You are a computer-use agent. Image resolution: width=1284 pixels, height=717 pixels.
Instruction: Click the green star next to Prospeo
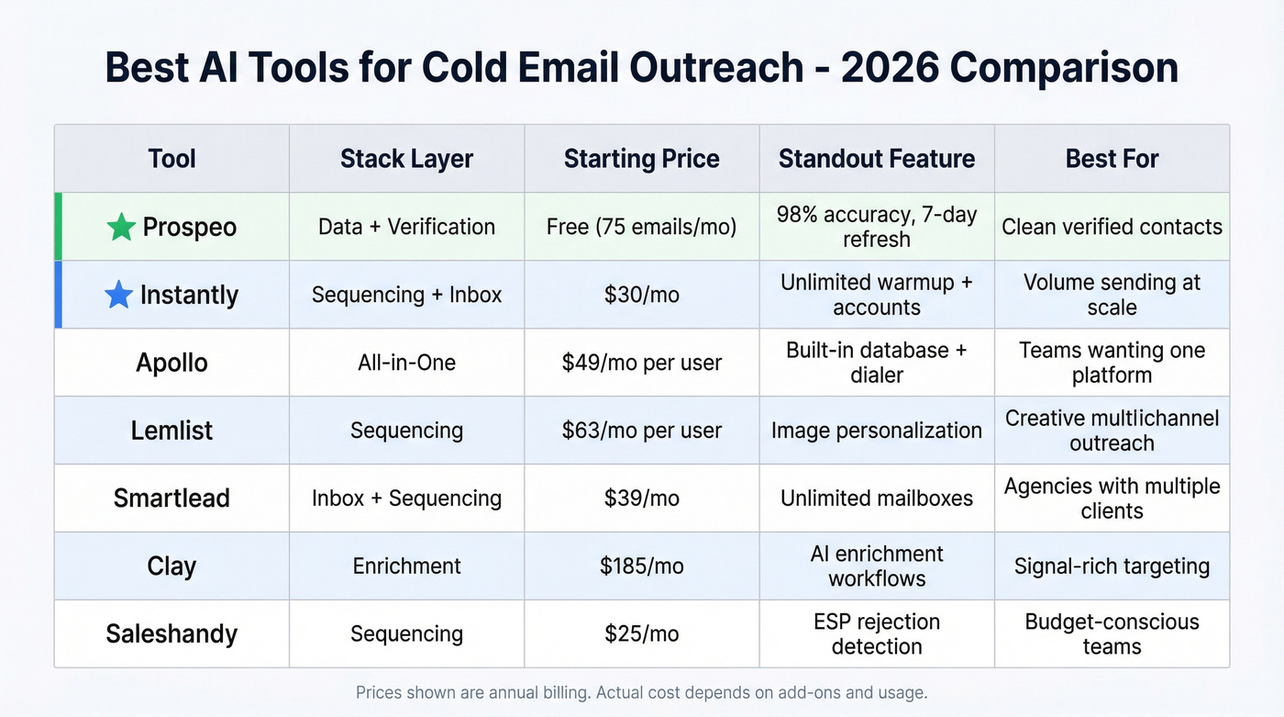[x=121, y=227]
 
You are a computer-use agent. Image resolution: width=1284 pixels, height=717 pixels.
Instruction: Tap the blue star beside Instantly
[x=118, y=295]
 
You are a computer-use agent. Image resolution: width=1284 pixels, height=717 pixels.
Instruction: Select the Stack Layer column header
[x=406, y=159]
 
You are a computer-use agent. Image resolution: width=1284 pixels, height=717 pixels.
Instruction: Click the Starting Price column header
[x=641, y=159]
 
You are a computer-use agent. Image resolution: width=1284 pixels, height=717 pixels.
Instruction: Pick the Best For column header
[x=1112, y=159]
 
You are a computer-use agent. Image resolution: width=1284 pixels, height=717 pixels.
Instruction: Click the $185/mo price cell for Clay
[x=641, y=566]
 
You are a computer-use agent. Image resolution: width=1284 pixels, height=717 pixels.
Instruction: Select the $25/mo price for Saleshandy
[x=641, y=634]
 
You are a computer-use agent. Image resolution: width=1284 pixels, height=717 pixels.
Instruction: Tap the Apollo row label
[x=172, y=363]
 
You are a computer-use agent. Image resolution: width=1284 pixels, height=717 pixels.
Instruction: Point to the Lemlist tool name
[x=172, y=431]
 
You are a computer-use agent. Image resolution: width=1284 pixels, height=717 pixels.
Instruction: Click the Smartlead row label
[x=172, y=499]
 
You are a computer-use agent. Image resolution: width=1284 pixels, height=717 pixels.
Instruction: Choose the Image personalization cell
[x=876, y=431]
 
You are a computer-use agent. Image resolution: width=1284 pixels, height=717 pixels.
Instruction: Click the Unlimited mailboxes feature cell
[x=876, y=499]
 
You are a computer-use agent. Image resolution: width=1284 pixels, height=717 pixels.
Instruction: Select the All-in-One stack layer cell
[x=406, y=363]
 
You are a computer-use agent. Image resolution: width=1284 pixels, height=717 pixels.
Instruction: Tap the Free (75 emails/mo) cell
[x=641, y=227]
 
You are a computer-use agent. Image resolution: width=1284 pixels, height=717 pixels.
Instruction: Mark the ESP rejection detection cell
[x=876, y=633]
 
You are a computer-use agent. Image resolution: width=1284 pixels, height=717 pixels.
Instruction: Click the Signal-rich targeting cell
[x=1112, y=566]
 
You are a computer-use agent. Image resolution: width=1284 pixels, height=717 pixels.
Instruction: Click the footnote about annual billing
[x=641, y=692]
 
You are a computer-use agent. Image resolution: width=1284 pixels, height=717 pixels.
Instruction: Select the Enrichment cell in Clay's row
[x=406, y=566]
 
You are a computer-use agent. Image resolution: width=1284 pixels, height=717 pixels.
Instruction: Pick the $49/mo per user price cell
[x=641, y=363]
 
